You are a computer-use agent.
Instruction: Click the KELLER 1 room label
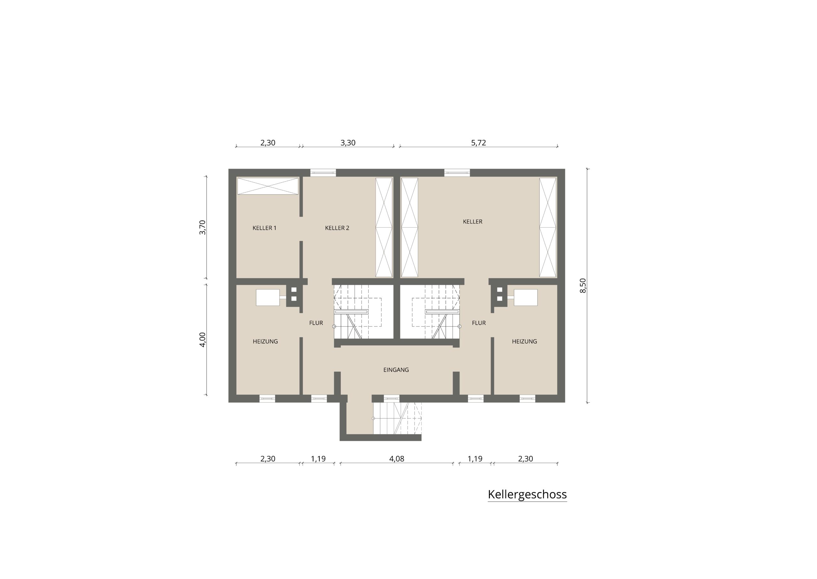point(264,228)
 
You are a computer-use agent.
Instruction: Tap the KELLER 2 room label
point(337,228)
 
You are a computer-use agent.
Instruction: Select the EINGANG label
point(396,370)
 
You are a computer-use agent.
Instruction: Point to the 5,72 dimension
point(478,143)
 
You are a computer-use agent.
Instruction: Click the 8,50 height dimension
point(583,286)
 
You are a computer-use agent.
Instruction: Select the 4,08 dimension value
point(397,459)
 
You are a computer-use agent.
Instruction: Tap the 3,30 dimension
point(348,143)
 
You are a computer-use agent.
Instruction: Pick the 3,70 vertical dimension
point(203,227)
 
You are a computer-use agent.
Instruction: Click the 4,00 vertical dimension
point(203,340)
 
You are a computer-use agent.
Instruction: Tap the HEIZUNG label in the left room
point(265,341)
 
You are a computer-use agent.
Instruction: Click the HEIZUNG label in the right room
point(524,341)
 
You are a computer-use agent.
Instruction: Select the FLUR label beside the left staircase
point(316,323)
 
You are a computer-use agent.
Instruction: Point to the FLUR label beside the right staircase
point(479,323)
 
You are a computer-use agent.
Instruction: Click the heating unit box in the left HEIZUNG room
point(267,297)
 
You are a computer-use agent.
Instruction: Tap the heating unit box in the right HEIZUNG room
point(526,297)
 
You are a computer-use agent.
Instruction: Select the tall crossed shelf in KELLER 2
point(384,227)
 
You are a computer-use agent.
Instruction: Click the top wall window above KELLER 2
point(323,173)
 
